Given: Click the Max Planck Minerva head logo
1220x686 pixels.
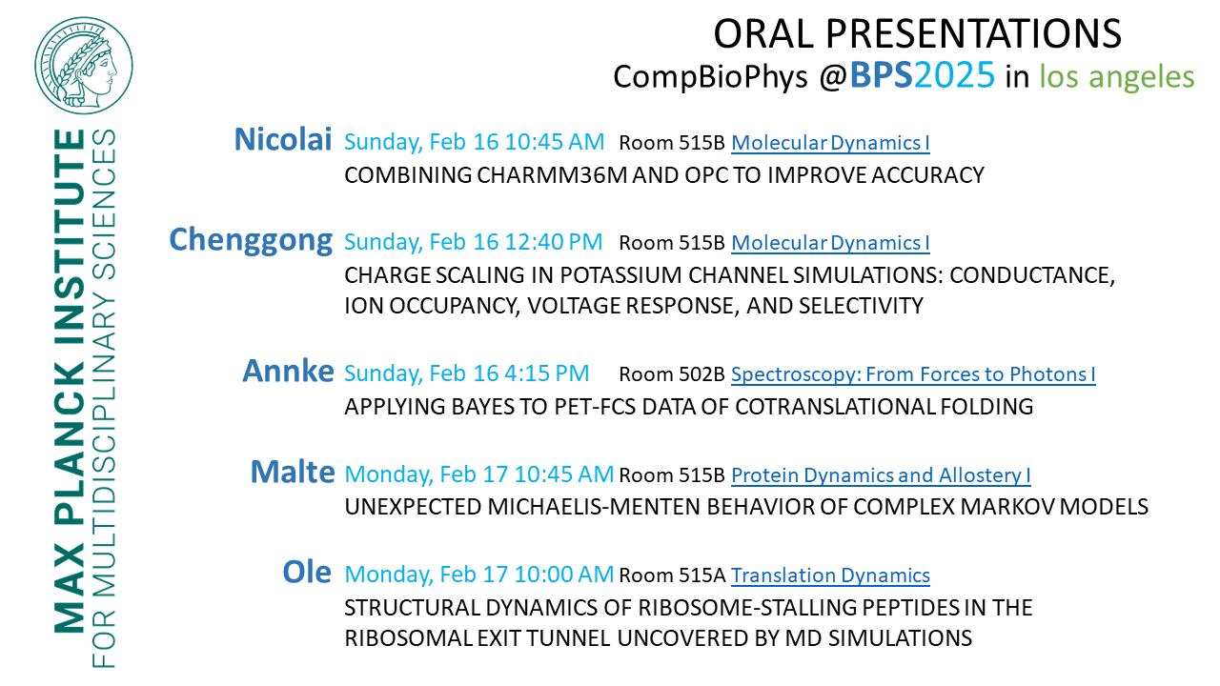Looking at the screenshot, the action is (83, 66).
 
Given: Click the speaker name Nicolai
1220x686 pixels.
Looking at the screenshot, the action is (283, 139).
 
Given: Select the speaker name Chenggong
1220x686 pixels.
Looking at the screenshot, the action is (251, 240).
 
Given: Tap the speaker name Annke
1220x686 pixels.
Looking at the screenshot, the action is (288, 371).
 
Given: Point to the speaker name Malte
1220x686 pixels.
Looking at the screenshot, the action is (293, 472).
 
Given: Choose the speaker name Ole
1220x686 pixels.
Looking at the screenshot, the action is (307, 573).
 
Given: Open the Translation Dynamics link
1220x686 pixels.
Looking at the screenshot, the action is (830, 575).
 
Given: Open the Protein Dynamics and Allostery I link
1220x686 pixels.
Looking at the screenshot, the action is (881, 475).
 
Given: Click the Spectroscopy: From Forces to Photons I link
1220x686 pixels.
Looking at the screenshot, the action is (913, 374).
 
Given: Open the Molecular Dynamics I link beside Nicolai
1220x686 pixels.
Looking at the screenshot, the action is (830, 143).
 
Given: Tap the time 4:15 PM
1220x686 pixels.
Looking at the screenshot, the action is (547, 373).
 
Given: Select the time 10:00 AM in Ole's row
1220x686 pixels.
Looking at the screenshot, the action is (563, 575).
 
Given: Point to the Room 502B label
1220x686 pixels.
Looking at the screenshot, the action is (672, 374).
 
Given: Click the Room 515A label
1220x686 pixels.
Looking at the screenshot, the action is (672, 575).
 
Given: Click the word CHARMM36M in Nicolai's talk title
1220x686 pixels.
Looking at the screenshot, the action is (552, 175).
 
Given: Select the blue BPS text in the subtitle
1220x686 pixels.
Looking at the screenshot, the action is (881, 75).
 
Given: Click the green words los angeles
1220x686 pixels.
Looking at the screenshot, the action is (1116, 77).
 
